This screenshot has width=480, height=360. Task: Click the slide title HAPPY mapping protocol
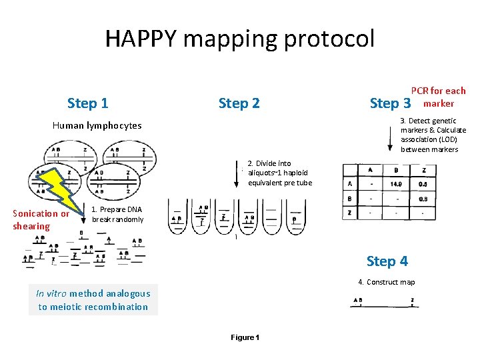[240, 39]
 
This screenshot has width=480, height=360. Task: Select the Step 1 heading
[88, 103]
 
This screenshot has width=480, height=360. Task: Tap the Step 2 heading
[239, 103]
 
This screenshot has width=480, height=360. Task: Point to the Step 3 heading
[390, 103]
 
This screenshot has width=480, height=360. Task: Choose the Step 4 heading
[387, 261]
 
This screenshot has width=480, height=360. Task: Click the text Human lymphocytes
[97, 125]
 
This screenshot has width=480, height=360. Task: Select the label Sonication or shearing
[41, 220]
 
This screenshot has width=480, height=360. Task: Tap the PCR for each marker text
[438, 97]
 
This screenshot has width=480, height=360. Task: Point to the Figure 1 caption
[245, 337]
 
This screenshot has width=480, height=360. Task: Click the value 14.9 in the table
[395, 183]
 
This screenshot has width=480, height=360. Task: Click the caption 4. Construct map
[386, 282]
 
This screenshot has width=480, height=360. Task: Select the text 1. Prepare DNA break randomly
[117, 214]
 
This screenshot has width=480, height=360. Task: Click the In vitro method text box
[93, 300]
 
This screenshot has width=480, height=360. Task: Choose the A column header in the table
[371, 171]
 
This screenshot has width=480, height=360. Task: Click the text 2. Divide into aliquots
[279, 173]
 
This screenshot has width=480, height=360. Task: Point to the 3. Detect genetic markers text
[433, 135]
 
